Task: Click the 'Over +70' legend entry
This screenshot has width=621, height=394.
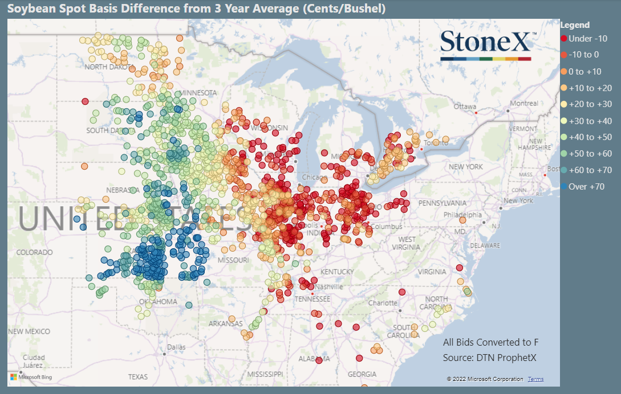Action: tap(582, 186)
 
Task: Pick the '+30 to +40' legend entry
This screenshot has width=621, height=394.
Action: tap(586, 120)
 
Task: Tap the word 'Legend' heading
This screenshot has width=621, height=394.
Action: tap(575, 25)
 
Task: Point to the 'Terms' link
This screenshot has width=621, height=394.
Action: tap(535, 379)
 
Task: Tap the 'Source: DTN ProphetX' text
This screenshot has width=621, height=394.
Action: tap(490, 358)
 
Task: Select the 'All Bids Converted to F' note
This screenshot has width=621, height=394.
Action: tap(490, 342)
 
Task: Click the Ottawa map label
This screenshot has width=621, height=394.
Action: tap(464, 106)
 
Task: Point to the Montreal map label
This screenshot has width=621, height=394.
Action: tap(523, 103)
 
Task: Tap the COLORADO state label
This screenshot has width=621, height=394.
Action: tap(34, 252)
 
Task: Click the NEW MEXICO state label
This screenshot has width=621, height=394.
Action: tap(29, 331)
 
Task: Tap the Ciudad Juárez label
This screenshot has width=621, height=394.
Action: tap(33, 361)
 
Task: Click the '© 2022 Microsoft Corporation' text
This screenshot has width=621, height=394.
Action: tap(485, 379)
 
